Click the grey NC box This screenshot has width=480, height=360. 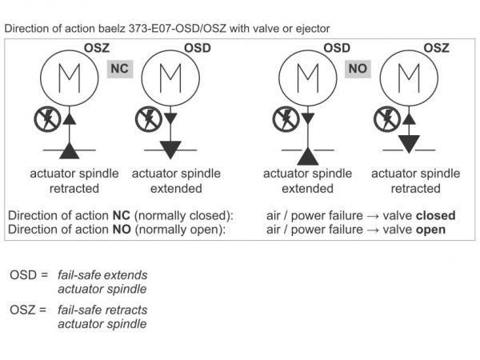coord(119,70)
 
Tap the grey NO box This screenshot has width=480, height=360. coord(358,70)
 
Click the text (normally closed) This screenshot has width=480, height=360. coord(183,216)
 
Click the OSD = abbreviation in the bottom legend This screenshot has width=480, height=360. coord(29,275)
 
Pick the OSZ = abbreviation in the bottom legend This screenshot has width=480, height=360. coord(29,309)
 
